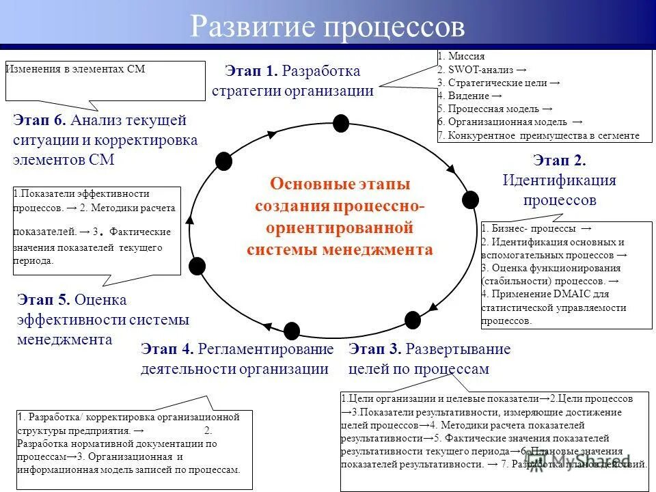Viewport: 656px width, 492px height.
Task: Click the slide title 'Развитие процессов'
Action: (327, 27)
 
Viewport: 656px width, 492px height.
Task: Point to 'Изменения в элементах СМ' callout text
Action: (77, 69)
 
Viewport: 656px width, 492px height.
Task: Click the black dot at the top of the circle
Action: (340, 124)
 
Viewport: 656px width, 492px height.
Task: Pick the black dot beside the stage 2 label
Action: (470, 200)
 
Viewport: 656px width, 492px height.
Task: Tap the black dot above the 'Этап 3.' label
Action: (412, 320)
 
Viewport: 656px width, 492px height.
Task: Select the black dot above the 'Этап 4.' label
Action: (292, 331)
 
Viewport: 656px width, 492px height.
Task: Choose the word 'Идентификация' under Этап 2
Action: (559, 180)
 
